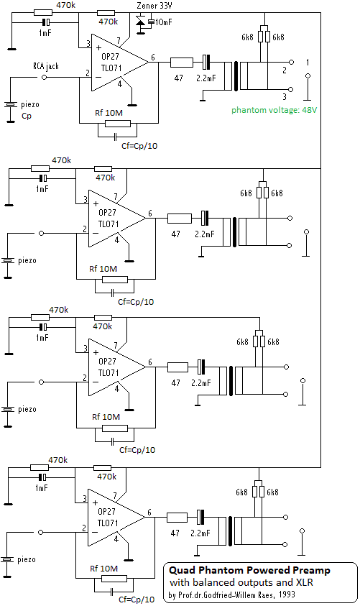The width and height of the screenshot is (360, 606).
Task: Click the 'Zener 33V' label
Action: [154, 6]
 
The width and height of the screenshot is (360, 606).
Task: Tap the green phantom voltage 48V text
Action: [274, 110]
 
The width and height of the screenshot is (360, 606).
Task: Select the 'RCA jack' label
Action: [46, 66]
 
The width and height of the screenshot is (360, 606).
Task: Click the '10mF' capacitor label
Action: [164, 22]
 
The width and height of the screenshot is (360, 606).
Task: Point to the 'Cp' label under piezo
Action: [27, 116]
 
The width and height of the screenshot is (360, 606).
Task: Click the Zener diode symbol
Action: [141, 22]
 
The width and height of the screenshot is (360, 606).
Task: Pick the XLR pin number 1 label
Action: [308, 63]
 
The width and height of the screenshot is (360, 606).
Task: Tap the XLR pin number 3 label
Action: [285, 96]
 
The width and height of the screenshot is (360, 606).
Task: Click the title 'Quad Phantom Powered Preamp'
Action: [249, 571]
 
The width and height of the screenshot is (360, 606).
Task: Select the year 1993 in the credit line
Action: [286, 594]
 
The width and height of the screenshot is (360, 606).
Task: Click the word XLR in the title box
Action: [305, 582]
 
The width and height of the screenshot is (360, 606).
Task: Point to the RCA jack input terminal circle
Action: [44, 78]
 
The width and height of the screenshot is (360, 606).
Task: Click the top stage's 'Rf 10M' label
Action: [109, 113]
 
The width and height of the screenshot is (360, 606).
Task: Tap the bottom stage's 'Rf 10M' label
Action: [104, 569]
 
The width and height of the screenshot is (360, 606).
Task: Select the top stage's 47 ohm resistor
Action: [182, 63]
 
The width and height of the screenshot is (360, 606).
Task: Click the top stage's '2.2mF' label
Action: [206, 78]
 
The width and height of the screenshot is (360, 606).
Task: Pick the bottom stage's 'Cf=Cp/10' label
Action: [137, 600]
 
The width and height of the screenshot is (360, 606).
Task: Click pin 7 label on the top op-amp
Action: [119, 40]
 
